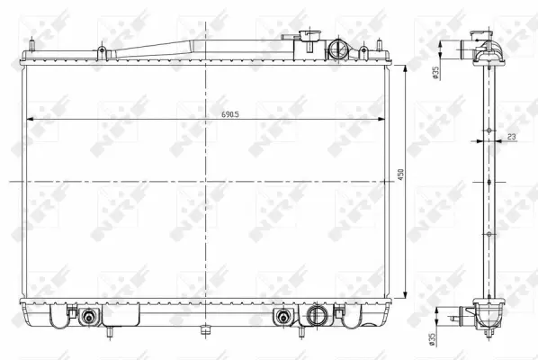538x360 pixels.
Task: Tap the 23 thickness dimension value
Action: pos(510,136)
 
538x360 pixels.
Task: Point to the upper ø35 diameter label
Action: pos(435,75)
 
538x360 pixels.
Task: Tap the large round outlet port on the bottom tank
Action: pos(316,317)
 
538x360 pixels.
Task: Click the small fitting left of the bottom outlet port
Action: pos(285,317)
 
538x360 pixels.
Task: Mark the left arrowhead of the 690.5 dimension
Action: pos(30,119)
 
